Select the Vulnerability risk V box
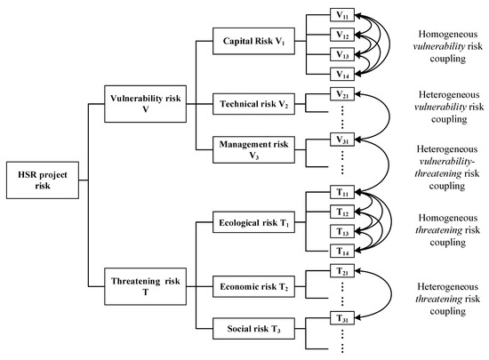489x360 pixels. click(x=140, y=100)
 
